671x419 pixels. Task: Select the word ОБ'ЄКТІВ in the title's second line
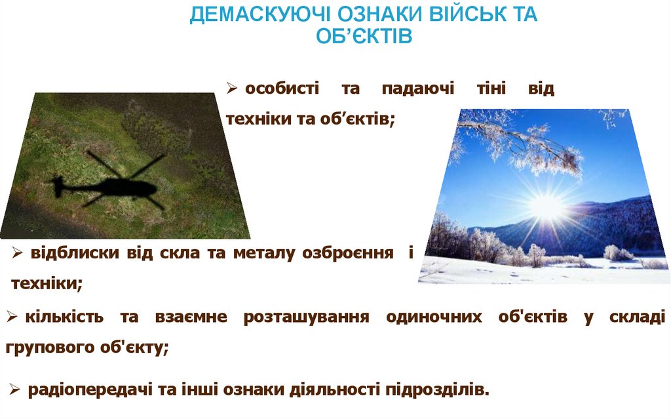[364, 36]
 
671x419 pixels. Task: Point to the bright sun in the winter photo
[545, 206]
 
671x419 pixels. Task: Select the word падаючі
[417, 89]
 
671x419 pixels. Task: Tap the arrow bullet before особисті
[232, 89]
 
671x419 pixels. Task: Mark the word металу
[263, 253]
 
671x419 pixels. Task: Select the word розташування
[306, 317]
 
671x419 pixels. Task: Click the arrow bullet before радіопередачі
[16, 389]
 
